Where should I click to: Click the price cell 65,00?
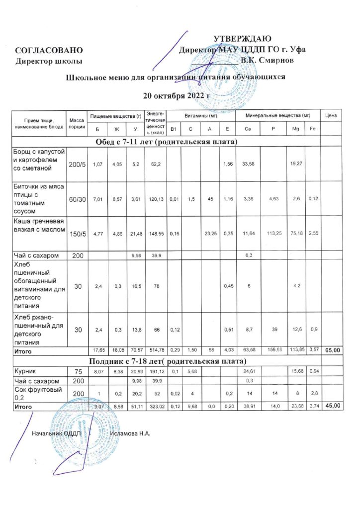coord(332,351)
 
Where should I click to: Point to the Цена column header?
coord(331,116)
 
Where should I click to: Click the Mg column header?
coord(295,130)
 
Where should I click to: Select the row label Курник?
coord(24,370)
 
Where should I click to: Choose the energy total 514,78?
coord(155,351)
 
